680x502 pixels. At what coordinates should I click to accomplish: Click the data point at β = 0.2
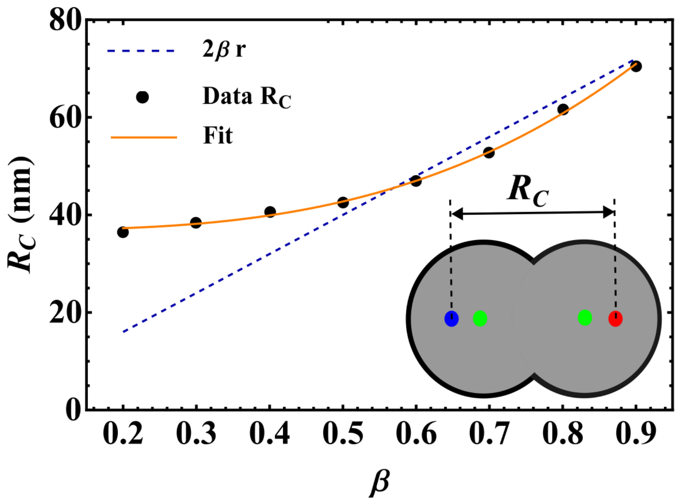click(x=123, y=232)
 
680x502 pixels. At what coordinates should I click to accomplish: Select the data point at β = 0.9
click(x=636, y=66)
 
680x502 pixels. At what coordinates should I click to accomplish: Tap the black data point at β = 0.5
click(x=343, y=202)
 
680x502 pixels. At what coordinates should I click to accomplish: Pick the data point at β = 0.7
click(x=489, y=153)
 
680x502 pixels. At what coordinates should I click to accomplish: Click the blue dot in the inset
click(x=452, y=319)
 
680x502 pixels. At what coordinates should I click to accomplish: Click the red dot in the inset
click(x=615, y=319)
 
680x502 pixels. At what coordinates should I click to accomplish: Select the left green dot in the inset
click(x=480, y=318)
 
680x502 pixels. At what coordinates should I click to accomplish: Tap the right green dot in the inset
click(x=585, y=317)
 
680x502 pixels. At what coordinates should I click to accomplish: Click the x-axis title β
click(x=380, y=482)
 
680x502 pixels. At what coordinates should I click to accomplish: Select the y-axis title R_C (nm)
click(x=21, y=215)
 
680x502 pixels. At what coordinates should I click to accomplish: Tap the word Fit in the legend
click(x=218, y=136)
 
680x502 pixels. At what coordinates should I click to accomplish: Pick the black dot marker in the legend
click(x=142, y=97)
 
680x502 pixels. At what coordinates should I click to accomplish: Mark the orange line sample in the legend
click(x=144, y=137)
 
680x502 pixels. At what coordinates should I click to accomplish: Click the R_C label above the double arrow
click(x=528, y=190)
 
